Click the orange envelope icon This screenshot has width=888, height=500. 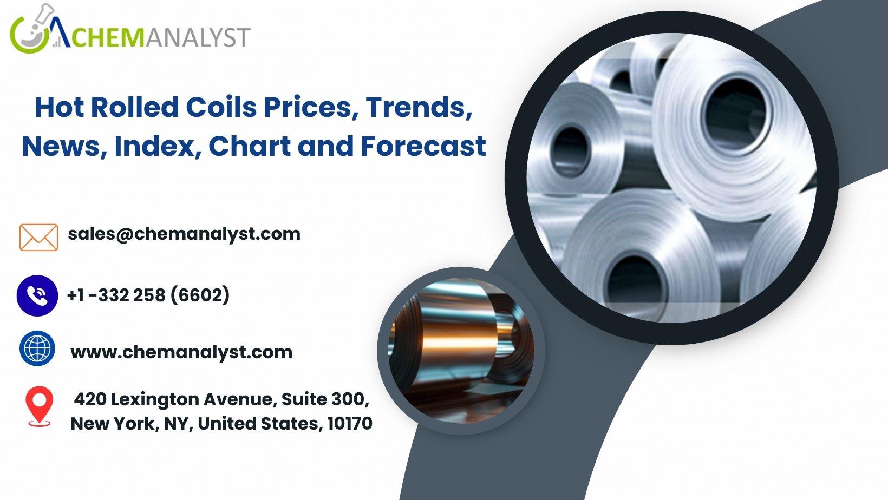(38, 238)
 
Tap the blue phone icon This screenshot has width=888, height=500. (37, 295)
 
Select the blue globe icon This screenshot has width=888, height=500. (37, 348)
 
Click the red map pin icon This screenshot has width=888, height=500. (39, 406)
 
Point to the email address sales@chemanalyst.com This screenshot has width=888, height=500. (184, 234)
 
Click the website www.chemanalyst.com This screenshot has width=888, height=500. (181, 352)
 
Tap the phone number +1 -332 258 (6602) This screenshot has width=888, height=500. (149, 295)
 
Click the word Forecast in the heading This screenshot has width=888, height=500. (423, 146)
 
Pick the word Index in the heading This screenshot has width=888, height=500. (154, 147)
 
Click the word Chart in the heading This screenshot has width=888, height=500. (250, 146)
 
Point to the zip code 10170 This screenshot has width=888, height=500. (350, 424)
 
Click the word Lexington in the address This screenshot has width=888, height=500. (154, 400)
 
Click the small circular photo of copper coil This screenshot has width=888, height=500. (461, 351)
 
